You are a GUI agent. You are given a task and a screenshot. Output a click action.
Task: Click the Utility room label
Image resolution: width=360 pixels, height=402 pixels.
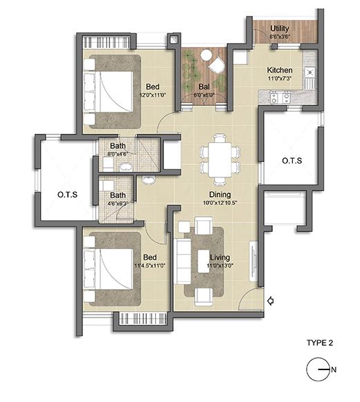280,28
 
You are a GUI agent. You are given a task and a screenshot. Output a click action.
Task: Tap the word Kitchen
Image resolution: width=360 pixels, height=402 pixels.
280,71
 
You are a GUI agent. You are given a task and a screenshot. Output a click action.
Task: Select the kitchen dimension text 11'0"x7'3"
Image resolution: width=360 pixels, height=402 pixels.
280,80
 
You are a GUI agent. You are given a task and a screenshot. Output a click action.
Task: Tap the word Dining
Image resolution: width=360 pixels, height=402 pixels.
220,195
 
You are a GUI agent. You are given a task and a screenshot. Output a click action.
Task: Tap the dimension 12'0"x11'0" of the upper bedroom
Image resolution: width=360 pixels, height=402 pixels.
154,95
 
